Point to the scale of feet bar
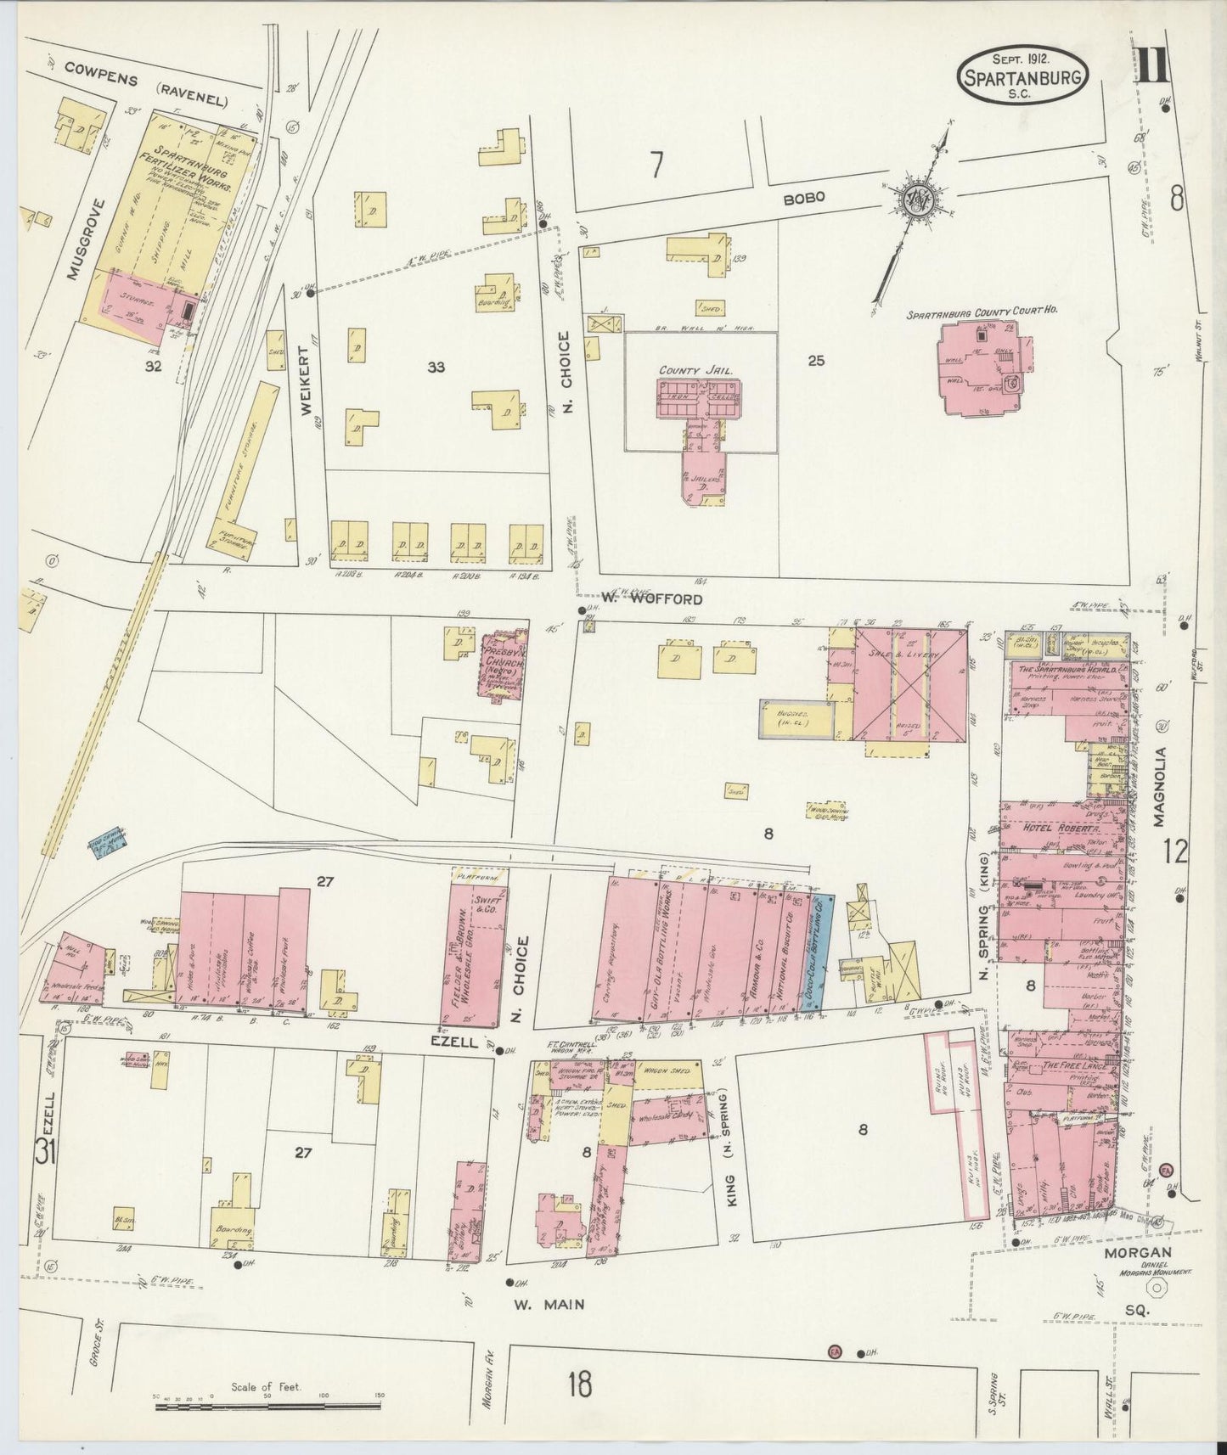coord(270,1407)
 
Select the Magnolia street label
coord(1161,786)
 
